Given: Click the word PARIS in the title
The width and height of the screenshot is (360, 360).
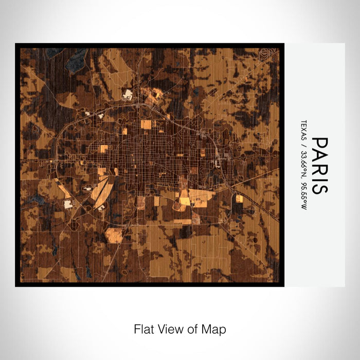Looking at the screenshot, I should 319,165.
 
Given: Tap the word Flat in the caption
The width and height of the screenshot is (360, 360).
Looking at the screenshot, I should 143,329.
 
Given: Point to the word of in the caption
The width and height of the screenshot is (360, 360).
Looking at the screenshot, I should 193,329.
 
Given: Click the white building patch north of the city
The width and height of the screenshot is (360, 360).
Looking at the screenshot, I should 128,95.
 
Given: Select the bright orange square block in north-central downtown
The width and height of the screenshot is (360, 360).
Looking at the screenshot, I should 146,124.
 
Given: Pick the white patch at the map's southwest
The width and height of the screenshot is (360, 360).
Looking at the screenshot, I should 68,205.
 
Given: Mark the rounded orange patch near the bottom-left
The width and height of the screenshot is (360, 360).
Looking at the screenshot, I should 114,236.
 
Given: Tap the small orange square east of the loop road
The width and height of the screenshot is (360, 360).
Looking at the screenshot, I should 239,199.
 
